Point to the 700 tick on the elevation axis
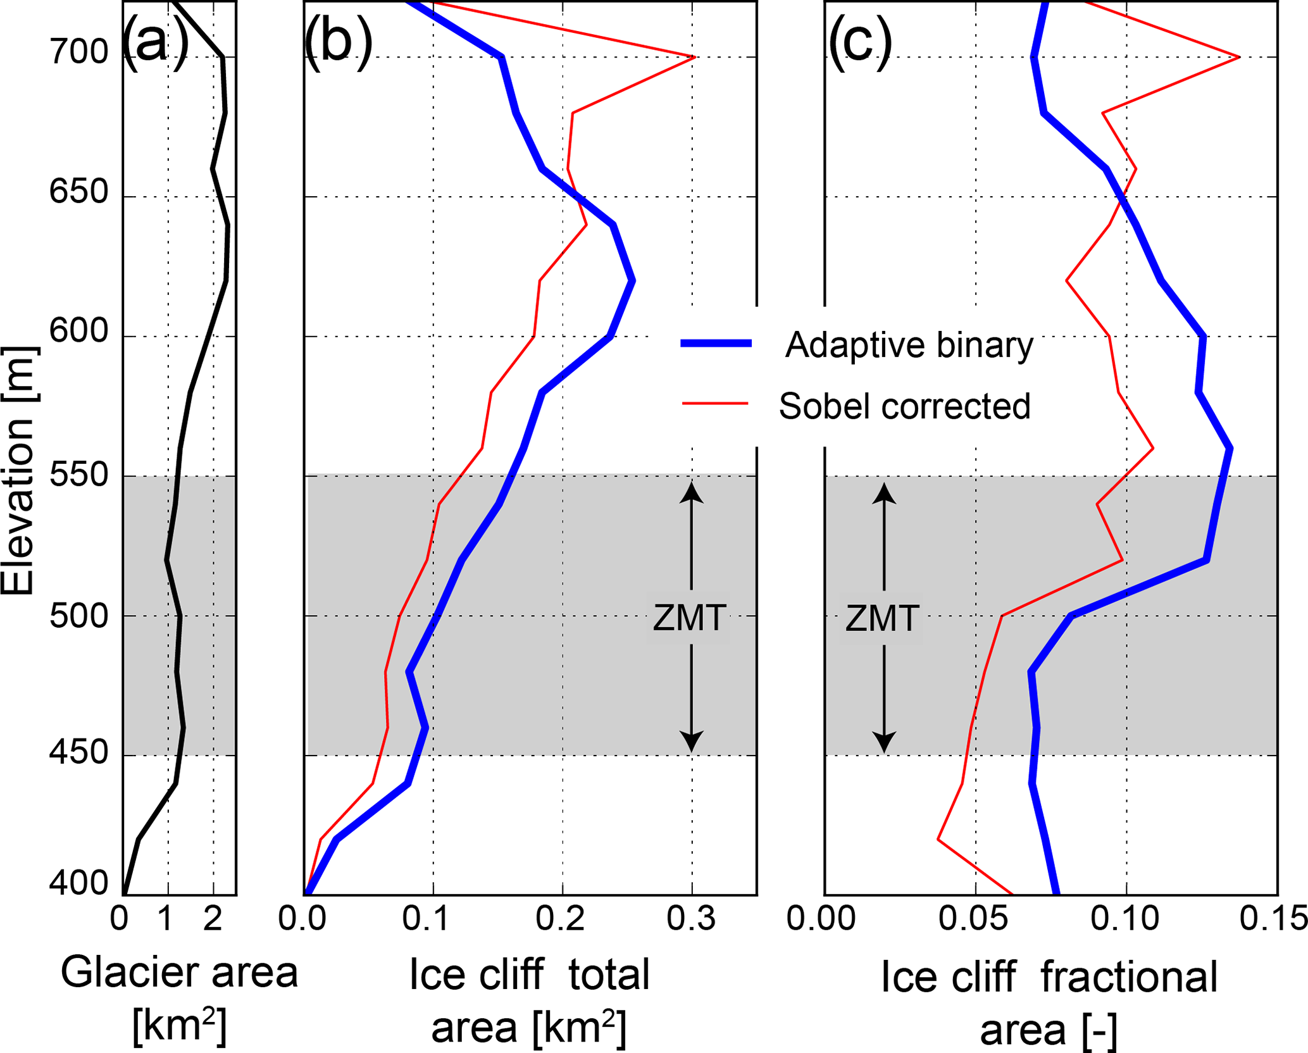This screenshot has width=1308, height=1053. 79,53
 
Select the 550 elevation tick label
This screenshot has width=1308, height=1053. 79,476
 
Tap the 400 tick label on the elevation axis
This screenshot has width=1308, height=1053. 79,883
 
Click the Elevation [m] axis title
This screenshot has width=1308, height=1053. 19,471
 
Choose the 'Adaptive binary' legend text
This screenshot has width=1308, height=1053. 909,346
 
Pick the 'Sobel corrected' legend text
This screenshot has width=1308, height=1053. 904,406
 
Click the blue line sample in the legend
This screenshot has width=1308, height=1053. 716,344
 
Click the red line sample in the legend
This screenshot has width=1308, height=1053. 716,403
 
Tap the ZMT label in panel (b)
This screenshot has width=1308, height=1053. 689,618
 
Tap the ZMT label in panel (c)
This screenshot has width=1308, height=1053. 881,618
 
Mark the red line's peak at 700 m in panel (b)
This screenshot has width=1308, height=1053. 694,58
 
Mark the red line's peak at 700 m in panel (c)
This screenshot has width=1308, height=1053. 1238,58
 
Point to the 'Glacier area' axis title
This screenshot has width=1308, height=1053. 179,973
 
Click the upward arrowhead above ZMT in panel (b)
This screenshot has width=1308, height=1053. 692,492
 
